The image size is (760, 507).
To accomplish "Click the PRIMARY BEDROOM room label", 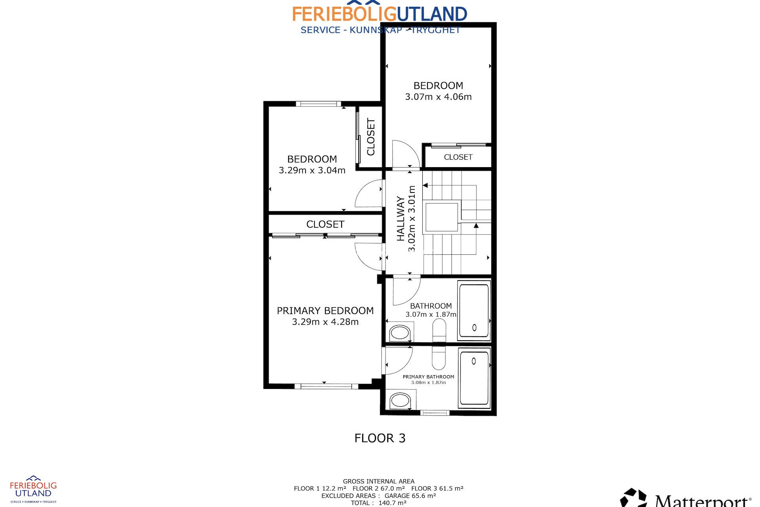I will coord(325,311).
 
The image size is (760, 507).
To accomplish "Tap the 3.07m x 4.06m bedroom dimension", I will coord(438,97).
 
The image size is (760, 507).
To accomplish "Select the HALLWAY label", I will coord(401,219).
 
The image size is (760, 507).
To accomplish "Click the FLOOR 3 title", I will coord(380,438).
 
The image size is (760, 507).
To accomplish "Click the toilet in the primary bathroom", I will coord(439,358).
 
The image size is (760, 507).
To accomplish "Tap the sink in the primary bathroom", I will coord(400,400).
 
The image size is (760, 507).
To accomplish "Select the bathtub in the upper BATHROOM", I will coord(474,310).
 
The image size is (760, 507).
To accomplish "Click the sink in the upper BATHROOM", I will coord(399,332).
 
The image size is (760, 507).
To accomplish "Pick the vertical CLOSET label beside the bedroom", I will coord(371,137).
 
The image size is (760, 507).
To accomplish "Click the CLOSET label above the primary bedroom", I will coord(325,224).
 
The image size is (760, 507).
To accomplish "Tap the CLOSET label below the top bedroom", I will coord(458,157).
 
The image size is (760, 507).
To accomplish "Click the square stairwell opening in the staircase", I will coord(441,217).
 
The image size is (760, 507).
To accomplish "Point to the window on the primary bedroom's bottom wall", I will coord(323,386).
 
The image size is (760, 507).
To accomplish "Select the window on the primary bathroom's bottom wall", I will coord(435,413).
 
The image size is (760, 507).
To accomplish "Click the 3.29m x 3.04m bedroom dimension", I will coord(312,171).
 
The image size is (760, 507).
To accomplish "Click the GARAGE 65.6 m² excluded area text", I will coord(410,496).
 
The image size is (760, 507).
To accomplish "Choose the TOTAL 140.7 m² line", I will coord(378,503).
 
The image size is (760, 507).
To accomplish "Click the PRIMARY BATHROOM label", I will coord(428,377).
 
